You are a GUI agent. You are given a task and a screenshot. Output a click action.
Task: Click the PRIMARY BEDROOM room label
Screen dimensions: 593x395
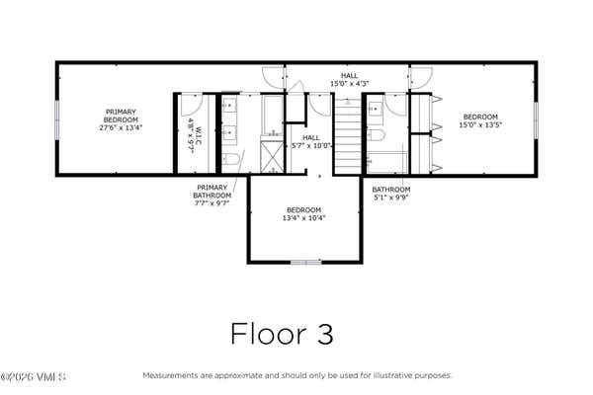(x=121, y=116)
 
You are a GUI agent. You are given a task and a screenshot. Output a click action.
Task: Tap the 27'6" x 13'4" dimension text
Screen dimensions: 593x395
(x=121, y=127)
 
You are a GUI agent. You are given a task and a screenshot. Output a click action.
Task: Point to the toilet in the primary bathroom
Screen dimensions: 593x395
(x=229, y=160)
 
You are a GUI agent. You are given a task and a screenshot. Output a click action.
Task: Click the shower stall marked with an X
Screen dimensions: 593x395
(x=272, y=157)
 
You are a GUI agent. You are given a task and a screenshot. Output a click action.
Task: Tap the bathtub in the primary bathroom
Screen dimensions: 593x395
(x=273, y=116)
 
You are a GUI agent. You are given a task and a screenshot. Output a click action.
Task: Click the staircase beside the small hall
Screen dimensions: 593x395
(x=348, y=136)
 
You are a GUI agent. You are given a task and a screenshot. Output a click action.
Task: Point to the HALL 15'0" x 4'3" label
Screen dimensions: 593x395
(x=350, y=80)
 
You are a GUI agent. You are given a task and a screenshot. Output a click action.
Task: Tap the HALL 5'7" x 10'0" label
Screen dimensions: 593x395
(x=311, y=142)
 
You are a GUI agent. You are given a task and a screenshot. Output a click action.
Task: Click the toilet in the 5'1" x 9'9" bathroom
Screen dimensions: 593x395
(x=376, y=135)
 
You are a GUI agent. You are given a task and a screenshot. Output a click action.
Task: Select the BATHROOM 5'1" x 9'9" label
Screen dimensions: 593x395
(x=391, y=194)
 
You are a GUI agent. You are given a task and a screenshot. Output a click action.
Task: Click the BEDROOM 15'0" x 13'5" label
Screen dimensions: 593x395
(x=480, y=120)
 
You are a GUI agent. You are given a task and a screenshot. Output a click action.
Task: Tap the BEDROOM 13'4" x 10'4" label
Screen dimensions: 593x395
(x=304, y=214)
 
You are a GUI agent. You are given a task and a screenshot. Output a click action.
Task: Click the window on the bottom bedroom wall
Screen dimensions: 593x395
(x=306, y=262)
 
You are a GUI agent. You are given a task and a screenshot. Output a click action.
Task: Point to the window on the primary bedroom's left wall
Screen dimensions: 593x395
(x=57, y=119)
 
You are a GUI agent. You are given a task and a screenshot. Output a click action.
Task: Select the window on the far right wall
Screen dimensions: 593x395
(x=536, y=120)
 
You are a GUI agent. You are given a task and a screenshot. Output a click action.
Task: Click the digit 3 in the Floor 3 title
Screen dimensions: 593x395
(x=325, y=334)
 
